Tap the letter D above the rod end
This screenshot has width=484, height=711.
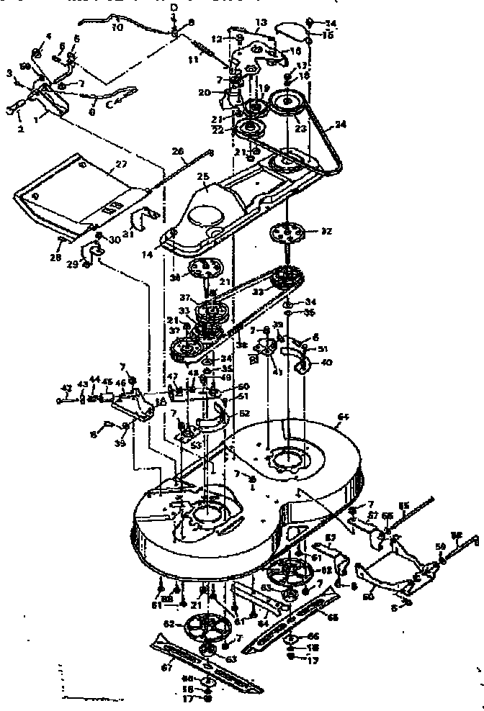174,6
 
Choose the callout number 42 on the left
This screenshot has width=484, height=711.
67,389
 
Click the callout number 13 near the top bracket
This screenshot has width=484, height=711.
240,22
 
